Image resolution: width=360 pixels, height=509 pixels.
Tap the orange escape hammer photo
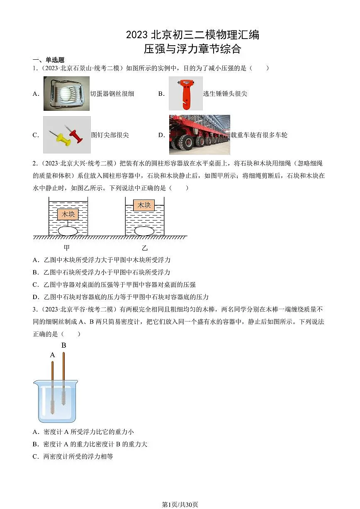click(x=185, y=93)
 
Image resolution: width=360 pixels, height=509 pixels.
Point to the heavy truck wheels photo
click(x=199, y=135)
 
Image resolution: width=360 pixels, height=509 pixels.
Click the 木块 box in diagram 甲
click(x=68, y=214)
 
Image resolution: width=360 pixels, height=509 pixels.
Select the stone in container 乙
click(x=144, y=231)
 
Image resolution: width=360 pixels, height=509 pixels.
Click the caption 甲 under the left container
click(x=66, y=248)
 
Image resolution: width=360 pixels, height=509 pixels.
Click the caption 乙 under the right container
click(x=144, y=248)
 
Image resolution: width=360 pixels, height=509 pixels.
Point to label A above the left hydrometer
click(x=52, y=355)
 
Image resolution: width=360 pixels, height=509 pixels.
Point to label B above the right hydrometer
click(x=63, y=345)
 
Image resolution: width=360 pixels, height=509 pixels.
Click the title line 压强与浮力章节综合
click(x=192, y=49)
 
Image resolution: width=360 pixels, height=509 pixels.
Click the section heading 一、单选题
click(x=49, y=60)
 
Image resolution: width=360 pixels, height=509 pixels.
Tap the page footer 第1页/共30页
click(x=180, y=504)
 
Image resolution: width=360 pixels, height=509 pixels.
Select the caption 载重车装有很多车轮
click(x=259, y=135)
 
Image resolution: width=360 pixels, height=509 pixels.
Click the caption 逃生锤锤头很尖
click(x=225, y=94)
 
